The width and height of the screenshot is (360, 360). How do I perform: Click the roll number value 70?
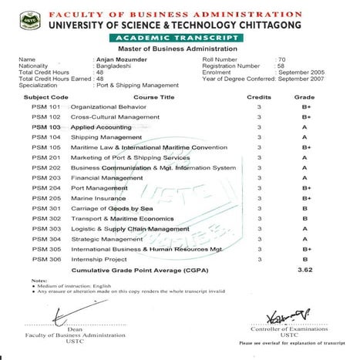click(x=281, y=59)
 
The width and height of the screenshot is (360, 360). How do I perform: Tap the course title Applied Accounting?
click(x=101, y=126)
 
